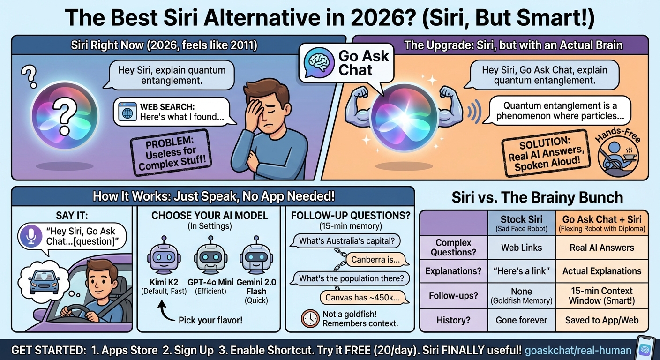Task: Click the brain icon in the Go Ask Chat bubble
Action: pyautogui.click(x=320, y=62)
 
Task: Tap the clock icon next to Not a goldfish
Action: pyautogui.click(x=310, y=318)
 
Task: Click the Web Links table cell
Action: pyautogui.click(x=521, y=247)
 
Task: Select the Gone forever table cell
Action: pyautogui.click(x=521, y=321)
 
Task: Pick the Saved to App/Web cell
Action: pyautogui.click(x=601, y=321)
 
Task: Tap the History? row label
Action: pyautogui.click(x=453, y=321)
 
